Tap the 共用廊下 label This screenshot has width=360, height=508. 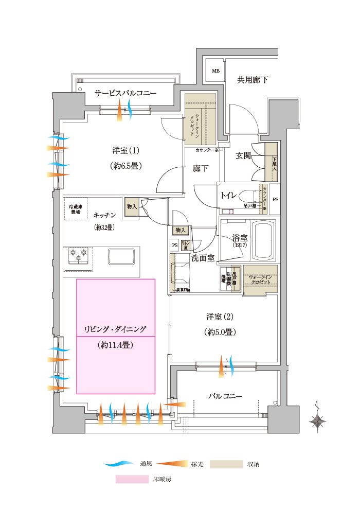(252, 80)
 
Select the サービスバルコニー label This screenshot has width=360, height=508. (125, 93)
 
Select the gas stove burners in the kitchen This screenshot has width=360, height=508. (79, 256)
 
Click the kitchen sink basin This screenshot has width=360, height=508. (121, 256)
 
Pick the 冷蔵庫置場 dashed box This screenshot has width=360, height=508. (76, 209)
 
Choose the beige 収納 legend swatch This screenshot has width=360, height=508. (228, 464)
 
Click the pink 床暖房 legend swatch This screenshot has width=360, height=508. (131, 479)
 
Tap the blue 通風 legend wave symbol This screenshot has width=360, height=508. (121, 464)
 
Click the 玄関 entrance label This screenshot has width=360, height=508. (243, 155)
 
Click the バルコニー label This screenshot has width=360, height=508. (225, 396)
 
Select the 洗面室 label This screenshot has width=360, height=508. (203, 258)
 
